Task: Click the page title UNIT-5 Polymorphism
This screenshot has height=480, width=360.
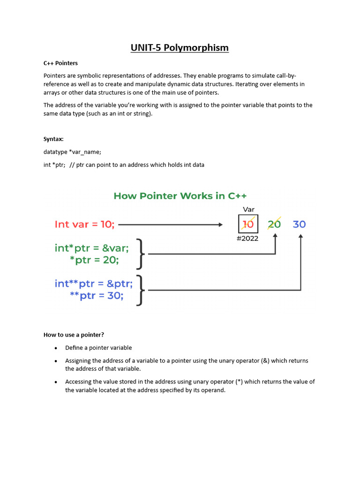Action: point(180,47)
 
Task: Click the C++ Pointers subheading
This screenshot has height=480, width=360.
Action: point(60,63)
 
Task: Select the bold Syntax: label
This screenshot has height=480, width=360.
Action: point(53,139)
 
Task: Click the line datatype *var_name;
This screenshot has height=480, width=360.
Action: point(72,152)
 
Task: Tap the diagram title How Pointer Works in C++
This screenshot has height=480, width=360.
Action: point(180,195)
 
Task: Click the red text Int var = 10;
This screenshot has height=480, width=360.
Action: point(84,225)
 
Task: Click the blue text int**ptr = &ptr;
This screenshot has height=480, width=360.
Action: point(93,284)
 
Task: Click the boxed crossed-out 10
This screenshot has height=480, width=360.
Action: point(248,224)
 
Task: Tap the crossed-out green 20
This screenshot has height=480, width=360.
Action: point(274,224)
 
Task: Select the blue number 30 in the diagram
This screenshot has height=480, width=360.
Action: point(299,224)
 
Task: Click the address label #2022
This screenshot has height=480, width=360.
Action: point(248,239)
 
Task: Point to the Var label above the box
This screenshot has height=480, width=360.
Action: point(248,210)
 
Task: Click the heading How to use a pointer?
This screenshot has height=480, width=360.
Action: point(74,335)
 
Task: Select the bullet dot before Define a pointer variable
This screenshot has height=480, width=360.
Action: point(56,348)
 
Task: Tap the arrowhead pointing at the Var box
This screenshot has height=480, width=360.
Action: point(220,225)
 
